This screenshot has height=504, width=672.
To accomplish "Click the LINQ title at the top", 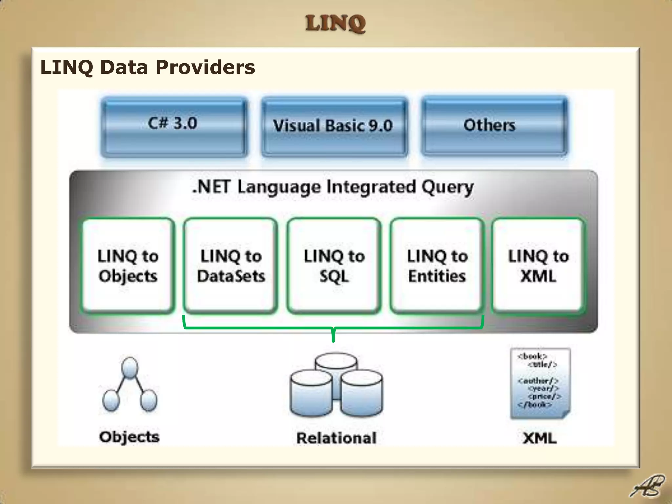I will (335, 24).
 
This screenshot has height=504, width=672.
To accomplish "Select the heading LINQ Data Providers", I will (148, 67).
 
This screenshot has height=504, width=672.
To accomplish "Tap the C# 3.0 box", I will (174, 126).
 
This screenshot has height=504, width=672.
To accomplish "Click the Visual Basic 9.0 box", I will (334, 126).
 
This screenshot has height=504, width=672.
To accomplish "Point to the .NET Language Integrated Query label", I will (333, 187).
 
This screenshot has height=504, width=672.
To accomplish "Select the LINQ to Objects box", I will (128, 265).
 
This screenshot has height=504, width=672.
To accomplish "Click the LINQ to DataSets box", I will (231, 265).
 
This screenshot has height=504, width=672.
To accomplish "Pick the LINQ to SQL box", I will (334, 265).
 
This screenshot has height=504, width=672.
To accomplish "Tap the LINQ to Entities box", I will (437, 265).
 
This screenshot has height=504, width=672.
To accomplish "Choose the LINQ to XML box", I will (538, 265).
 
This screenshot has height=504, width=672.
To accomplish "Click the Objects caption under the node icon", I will (130, 437).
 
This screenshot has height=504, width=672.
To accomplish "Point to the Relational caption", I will (336, 438).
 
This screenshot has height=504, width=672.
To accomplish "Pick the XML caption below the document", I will (540, 438).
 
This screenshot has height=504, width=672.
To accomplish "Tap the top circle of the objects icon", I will (130, 367).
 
